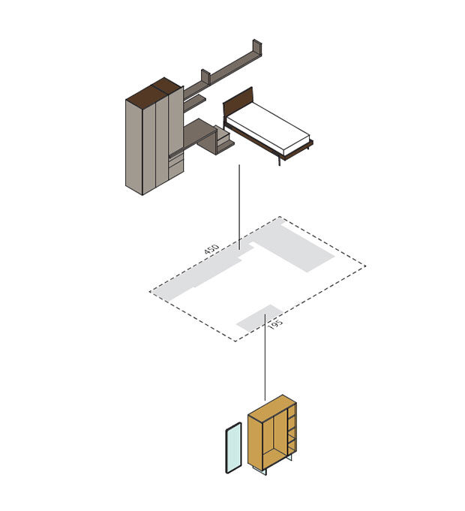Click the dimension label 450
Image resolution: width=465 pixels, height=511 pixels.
pos(211,248)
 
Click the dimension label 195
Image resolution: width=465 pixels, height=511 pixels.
pos(275,324)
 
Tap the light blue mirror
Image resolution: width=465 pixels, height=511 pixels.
pos(234,447)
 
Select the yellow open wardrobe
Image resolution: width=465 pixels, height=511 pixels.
pos(272,434)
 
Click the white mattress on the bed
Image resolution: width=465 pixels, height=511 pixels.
pos(268,129)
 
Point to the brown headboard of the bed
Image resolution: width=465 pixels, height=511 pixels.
pos(238,101)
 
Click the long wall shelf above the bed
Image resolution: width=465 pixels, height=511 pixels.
pos(225,69)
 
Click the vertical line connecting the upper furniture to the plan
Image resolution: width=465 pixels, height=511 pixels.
pos(239,207)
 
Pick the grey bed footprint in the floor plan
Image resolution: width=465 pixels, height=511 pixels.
pos(294,246)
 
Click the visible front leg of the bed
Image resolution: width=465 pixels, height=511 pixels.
pos(279,160)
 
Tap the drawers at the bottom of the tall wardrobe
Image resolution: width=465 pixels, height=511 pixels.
pos(176,166)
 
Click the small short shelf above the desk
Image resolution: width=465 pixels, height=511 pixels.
pos(195,102)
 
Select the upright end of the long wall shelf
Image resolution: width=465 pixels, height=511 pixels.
pos(257,47)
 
